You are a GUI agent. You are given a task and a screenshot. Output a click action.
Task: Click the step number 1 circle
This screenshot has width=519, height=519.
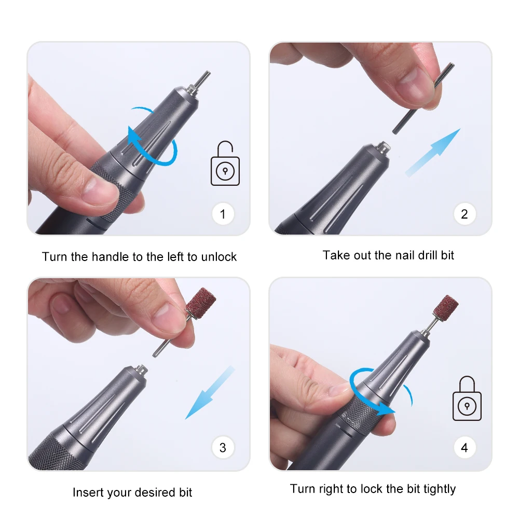pos(223,214)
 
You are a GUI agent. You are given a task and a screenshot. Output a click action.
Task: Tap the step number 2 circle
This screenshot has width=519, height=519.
pos(465,214)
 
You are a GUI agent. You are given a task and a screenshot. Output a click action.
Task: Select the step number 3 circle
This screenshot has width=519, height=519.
pos(223,447)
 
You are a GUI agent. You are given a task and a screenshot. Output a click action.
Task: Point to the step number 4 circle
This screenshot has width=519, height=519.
pos(465,447)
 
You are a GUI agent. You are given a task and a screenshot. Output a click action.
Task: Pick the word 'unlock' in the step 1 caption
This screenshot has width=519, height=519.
pos(219,256)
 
